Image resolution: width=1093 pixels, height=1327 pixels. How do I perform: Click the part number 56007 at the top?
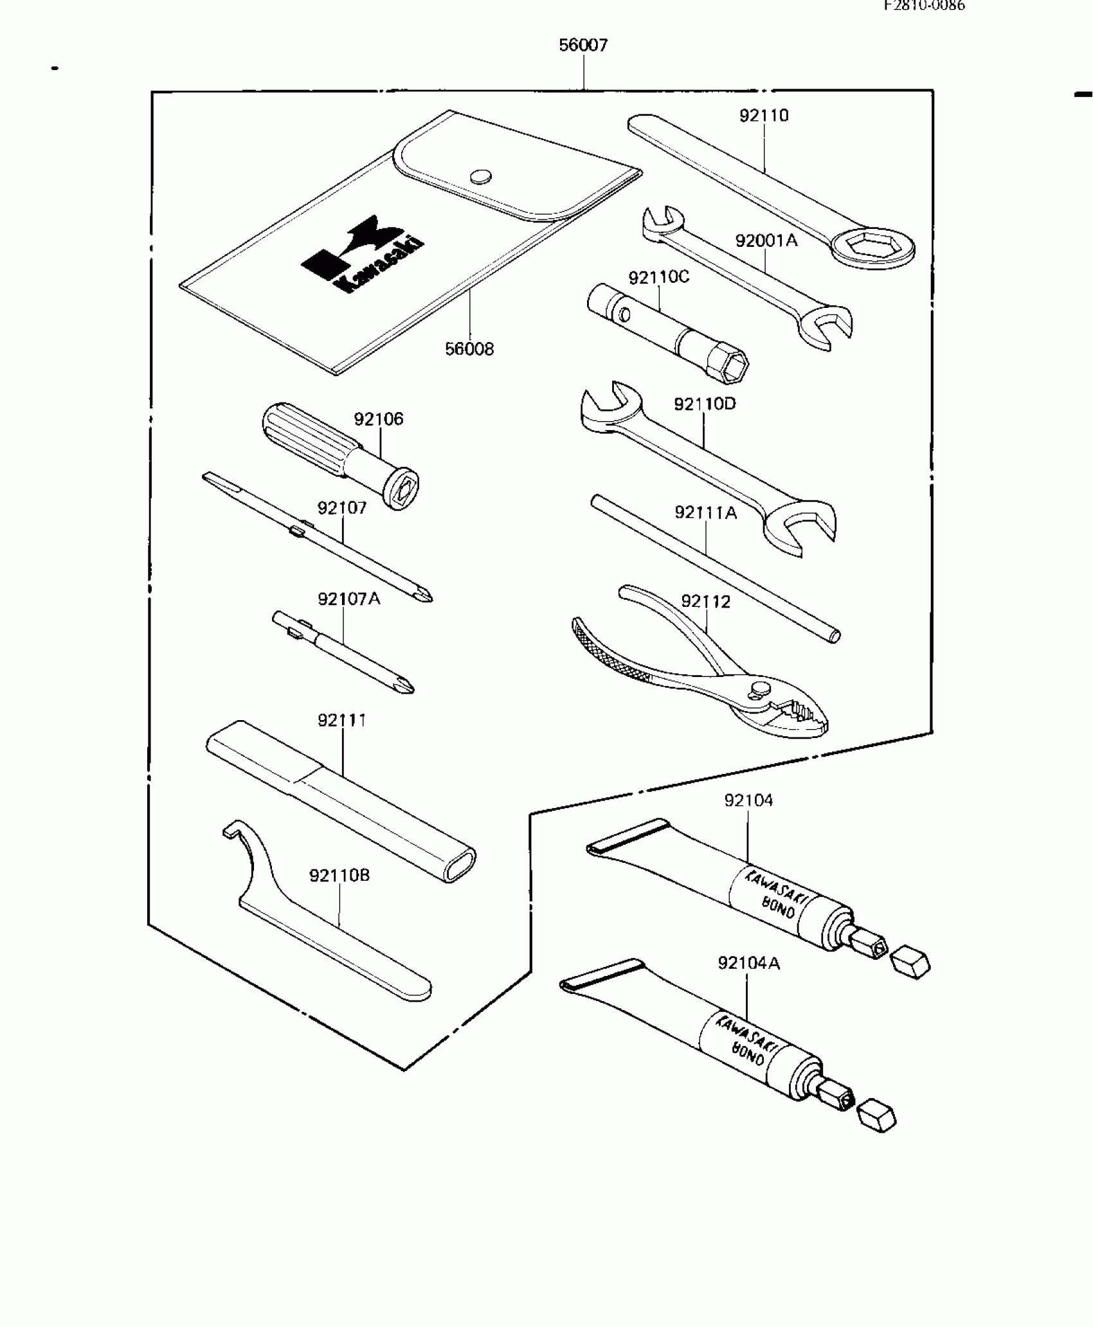[583, 46]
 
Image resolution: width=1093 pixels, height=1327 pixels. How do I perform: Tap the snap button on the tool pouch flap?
[480, 176]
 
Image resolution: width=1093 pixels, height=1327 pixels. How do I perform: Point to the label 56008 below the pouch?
[469, 349]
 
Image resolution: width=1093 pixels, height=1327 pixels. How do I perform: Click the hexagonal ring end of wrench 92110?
[872, 248]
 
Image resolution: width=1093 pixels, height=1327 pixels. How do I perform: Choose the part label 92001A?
[766, 241]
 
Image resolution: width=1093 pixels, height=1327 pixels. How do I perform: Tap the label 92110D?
[705, 404]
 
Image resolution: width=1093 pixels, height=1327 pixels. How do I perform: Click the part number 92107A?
[349, 599]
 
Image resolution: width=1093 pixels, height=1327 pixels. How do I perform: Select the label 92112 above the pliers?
[706, 602]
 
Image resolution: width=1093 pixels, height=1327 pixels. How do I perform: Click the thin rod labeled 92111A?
[714, 566]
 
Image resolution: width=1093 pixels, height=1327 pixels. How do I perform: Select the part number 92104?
[748, 800]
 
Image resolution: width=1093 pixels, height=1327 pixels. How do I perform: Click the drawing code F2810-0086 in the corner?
[924, 6]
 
